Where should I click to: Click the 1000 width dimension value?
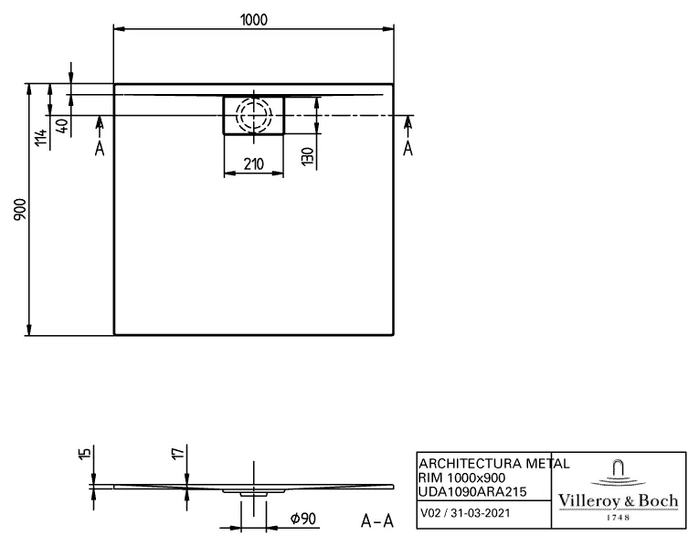coord(255,19)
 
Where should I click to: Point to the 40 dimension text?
coord(61,126)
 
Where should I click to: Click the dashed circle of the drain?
coord(253,116)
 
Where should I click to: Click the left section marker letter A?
coord(101,148)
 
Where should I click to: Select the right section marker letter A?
coord(408,148)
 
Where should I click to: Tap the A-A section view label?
coord(377,521)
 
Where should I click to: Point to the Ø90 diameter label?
coord(302,520)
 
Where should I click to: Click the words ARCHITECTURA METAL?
coord(493,464)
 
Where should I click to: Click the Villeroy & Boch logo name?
coord(619,501)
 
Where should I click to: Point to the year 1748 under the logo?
coord(619,518)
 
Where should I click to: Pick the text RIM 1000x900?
coord(463,478)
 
